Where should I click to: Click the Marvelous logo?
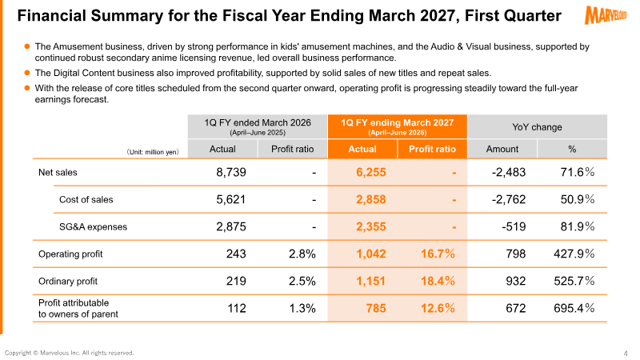(606, 15)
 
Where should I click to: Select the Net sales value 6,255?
(370, 172)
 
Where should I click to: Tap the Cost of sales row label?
(86, 199)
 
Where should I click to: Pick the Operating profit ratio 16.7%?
(438, 254)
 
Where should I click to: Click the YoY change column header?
(537, 127)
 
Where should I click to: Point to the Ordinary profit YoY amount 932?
(515, 281)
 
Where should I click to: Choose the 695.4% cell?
(574, 308)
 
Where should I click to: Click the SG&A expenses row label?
(93, 227)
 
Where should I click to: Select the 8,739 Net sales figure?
(231, 172)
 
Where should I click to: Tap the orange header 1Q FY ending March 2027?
(397, 126)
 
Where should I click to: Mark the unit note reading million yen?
(153, 152)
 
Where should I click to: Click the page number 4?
(626, 354)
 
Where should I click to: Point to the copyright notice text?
(69, 353)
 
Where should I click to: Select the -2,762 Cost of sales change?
(509, 199)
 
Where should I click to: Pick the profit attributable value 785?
(376, 308)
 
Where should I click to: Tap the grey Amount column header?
(502, 149)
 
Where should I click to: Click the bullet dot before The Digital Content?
(27, 73)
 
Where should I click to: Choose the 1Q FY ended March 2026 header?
(258, 126)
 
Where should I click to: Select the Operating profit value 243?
(236, 254)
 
